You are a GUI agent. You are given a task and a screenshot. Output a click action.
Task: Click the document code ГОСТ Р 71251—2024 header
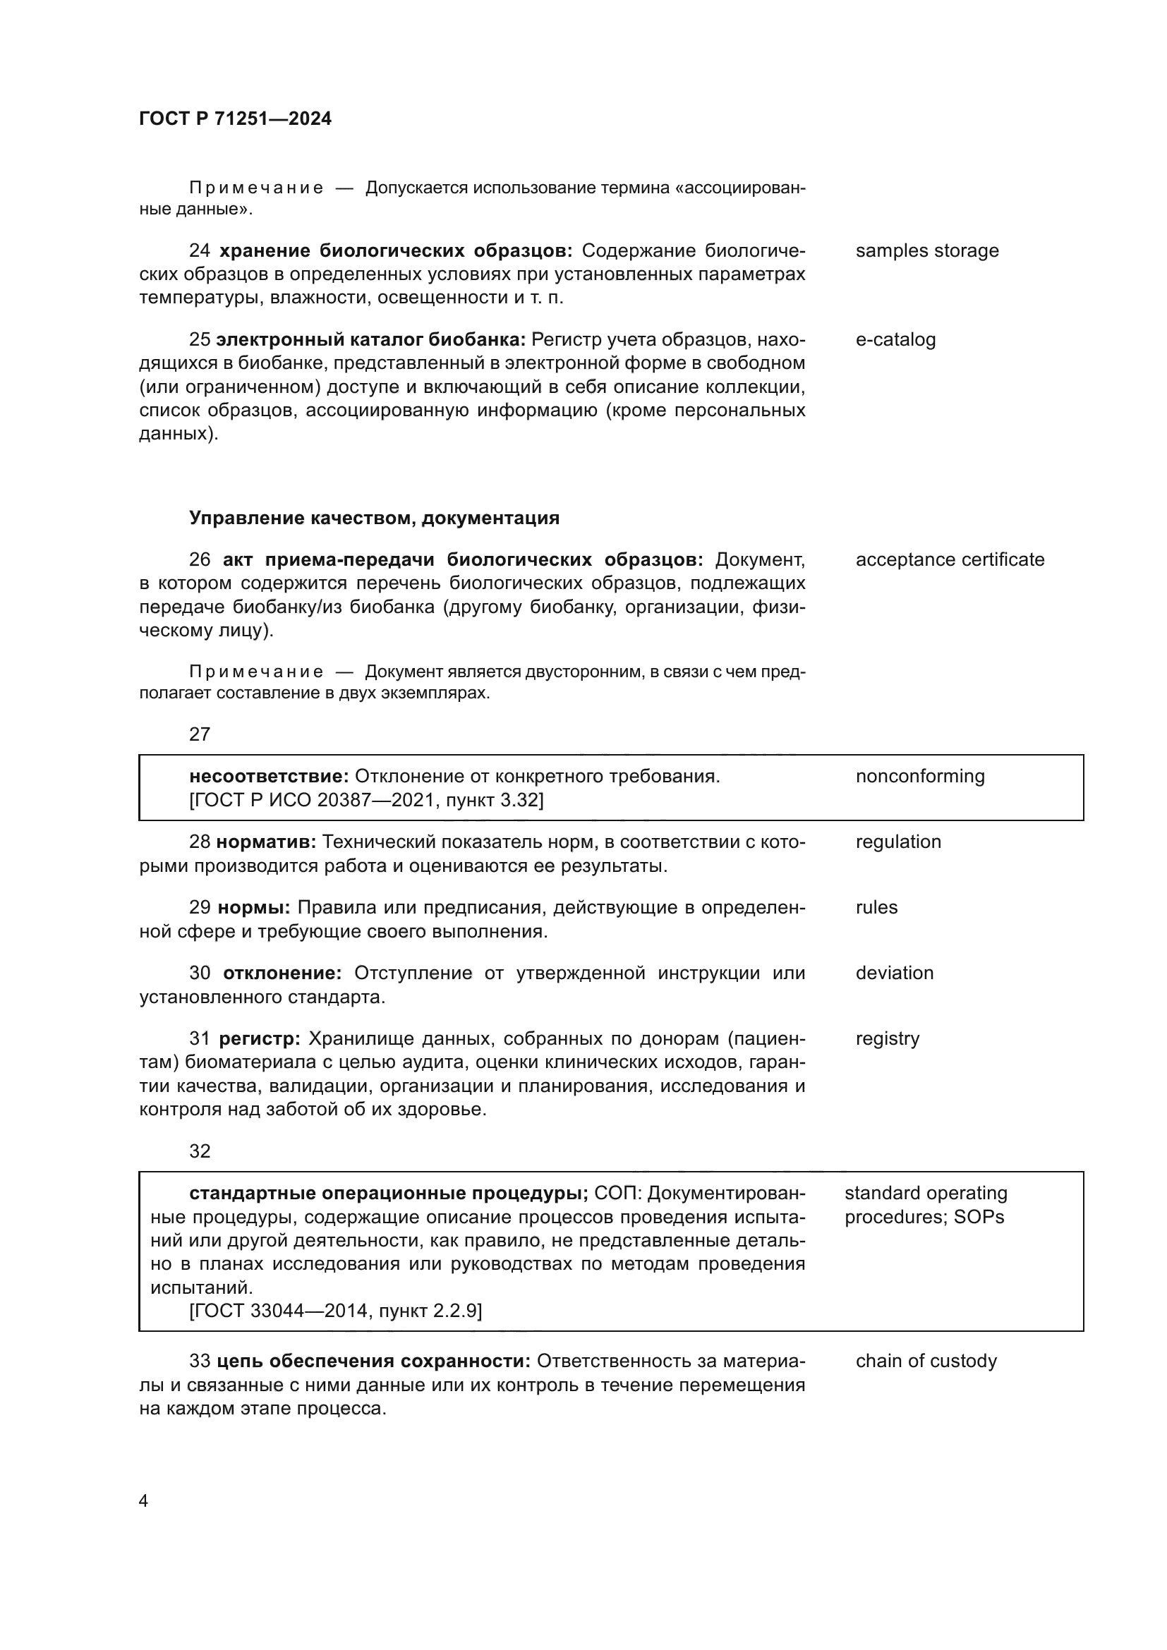pos(235,119)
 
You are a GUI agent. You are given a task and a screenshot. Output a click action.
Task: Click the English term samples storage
pos(926,251)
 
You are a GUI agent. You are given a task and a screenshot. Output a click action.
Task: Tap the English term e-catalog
pos(895,340)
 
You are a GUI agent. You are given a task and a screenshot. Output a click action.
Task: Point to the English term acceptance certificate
pos(949,560)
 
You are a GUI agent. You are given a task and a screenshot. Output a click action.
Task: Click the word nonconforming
pos(919,776)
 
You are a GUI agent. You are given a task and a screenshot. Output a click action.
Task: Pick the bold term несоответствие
pos(268,776)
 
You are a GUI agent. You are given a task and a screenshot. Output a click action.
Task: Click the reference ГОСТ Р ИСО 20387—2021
pos(310,800)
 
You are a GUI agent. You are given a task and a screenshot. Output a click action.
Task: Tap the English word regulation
pos(897,842)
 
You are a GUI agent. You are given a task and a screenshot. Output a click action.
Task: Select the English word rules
pos(876,907)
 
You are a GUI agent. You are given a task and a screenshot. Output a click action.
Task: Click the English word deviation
pos(894,973)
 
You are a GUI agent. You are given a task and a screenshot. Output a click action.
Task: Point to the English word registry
pos(887,1038)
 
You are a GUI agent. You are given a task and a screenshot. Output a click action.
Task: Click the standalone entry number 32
pos(200,1151)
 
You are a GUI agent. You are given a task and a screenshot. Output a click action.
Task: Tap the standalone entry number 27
pos(200,734)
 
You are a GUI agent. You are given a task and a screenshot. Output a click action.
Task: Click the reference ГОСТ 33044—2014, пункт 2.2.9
pos(335,1311)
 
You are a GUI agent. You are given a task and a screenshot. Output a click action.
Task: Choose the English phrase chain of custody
pos(926,1361)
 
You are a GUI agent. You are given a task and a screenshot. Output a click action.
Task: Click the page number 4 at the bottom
pos(143,1501)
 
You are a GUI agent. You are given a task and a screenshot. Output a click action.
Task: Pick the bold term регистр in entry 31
pos(259,1038)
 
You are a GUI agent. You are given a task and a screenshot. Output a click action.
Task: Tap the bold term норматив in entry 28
pos(265,842)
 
